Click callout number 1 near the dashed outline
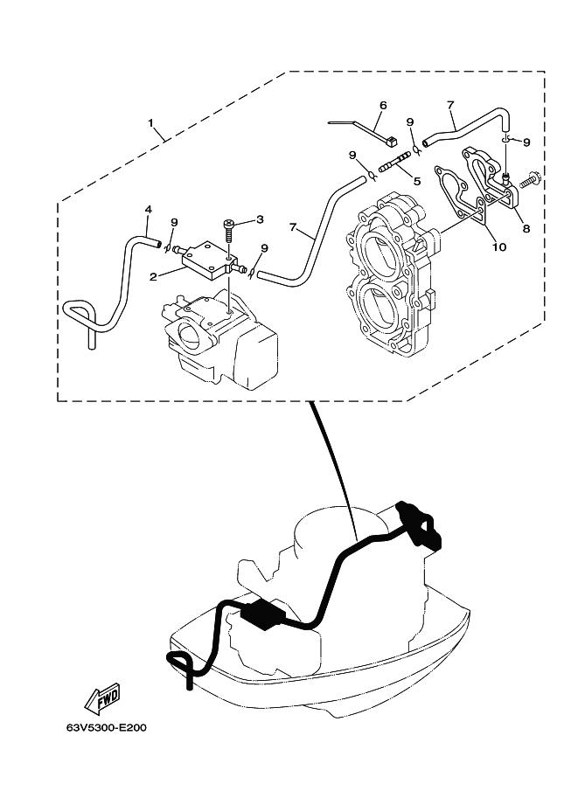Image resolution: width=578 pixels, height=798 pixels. pyautogui.click(x=150, y=122)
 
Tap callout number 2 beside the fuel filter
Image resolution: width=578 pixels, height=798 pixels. pyautogui.click(x=152, y=277)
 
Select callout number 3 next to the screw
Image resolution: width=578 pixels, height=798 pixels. pyautogui.click(x=260, y=219)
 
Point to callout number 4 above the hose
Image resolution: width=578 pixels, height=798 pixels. pyautogui.click(x=148, y=209)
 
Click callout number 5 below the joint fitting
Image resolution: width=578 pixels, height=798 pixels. pyautogui.click(x=417, y=181)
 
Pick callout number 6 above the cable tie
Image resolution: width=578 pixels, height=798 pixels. pyautogui.click(x=383, y=106)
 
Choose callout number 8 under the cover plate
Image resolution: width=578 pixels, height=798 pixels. pyautogui.click(x=526, y=228)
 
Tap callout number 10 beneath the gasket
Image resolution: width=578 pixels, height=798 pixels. pyautogui.click(x=499, y=246)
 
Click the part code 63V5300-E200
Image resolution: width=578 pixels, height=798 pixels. pyautogui.click(x=107, y=728)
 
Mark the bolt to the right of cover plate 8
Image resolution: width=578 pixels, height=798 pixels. pyautogui.click(x=530, y=181)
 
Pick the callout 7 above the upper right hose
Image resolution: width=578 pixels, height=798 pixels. pyautogui.click(x=450, y=106)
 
